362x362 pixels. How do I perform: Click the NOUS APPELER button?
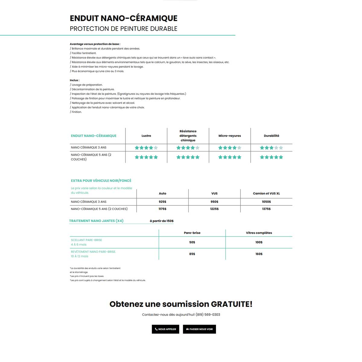click(166, 329)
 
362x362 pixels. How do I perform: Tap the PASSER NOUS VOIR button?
click(199, 329)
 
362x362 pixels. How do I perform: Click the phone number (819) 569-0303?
click(208, 315)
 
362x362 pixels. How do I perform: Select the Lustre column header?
click(146, 136)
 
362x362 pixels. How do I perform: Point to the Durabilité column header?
click(271, 136)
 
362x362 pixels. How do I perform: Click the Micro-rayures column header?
click(230, 136)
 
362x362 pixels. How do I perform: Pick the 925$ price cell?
click(163, 202)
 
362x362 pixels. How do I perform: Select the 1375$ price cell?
click(266, 209)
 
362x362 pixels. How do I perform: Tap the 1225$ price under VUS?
click(214, 209)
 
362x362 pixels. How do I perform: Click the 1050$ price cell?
click(266, 202)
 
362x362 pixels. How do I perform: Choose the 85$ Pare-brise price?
click(192, 254)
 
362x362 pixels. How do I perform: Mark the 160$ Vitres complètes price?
click(259, 254)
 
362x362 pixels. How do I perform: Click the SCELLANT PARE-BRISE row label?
click(87, 240)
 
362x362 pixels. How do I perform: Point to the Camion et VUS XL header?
click(266, 193)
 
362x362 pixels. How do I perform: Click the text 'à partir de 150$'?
click(162, 221)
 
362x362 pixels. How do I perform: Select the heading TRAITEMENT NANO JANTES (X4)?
click(96, 221)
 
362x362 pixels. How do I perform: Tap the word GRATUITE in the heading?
click(231, 304)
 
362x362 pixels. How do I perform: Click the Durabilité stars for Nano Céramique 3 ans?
click(271, 148)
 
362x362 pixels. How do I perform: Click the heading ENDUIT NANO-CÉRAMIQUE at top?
click(124, 18)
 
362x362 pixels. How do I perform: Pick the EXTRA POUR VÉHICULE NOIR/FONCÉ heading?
click(101, 181)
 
